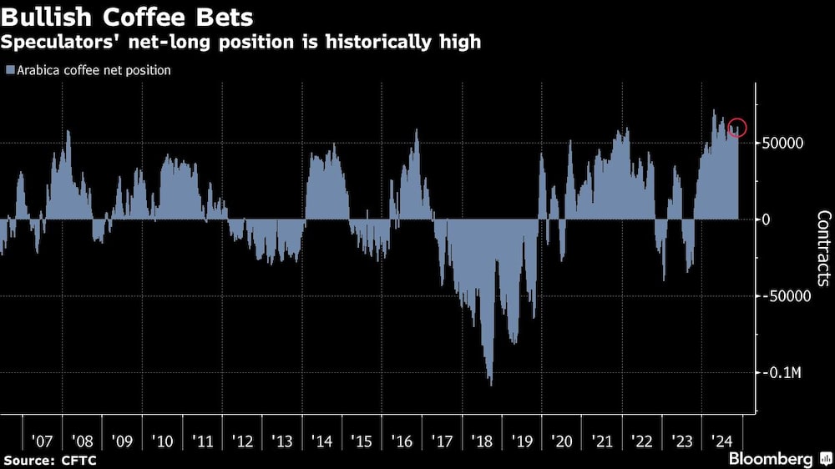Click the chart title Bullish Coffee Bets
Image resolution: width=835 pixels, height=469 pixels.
pyautogui.click(x=128, y=16)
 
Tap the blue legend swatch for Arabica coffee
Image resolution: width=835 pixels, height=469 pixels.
pyautogui.click(x=9, y=71)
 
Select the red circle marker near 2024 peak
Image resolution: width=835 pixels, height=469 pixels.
pyautogui.click(x=736, y=128)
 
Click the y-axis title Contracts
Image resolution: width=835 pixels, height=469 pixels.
pyautogui.click(x=823, y=249)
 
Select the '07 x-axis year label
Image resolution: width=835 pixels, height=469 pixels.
pyautogui.click(x=41, y=440)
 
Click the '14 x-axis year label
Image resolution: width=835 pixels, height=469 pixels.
pyautogui.click(x=321, y=440)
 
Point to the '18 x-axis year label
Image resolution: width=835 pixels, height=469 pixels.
pyautogui.click(x=482, y=440)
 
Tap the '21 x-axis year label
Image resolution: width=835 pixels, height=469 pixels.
pyautogui.click(x=602, y=440)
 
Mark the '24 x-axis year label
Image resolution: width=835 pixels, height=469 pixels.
pyautogui.click(x=722, y=440)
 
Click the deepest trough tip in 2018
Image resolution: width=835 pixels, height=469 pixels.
pyautogui.click(x=490, y=385)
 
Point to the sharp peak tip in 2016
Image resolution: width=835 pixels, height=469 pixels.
pyautogui.click(x=416, y=130)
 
